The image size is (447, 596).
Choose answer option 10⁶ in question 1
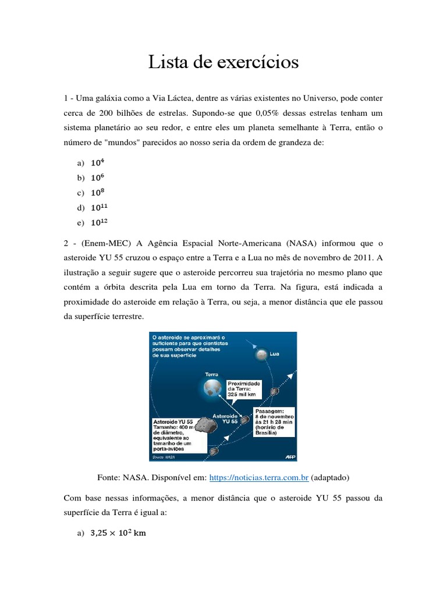[98, 178]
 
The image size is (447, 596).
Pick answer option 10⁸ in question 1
[98, 193]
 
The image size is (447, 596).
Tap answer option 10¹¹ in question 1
[100, 207]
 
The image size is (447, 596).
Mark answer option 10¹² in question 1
[100, 222]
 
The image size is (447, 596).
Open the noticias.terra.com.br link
[258, 478]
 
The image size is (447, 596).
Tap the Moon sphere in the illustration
[262, 354]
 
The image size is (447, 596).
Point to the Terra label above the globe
[212, 375]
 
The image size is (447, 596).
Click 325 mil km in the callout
[244, 394]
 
